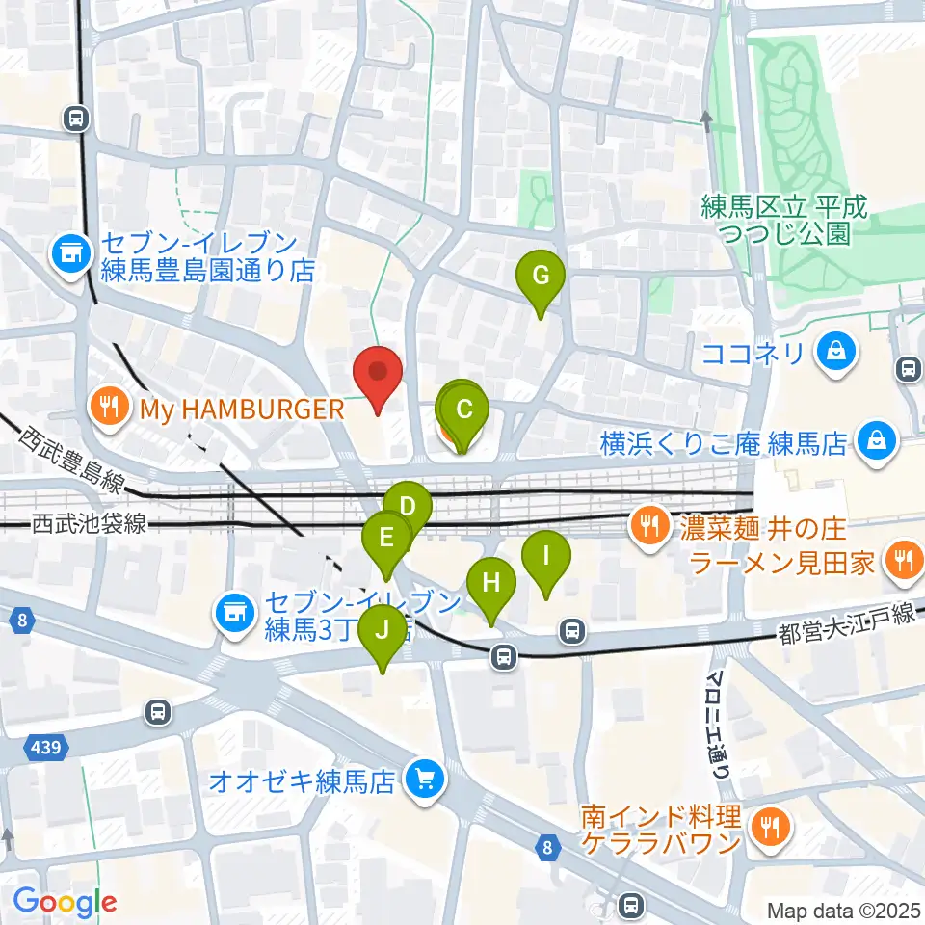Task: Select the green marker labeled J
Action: pyautogui.click(x=383, y=632)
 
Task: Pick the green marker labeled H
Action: pyautogui.click(x=491, y=584)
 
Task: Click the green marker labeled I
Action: pyautogui.click(x=546, y=557)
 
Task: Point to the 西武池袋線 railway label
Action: pyautogui.click(x=89, y=525)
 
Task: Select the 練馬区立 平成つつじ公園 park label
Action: pyautogui.click(x=784, y=220)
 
